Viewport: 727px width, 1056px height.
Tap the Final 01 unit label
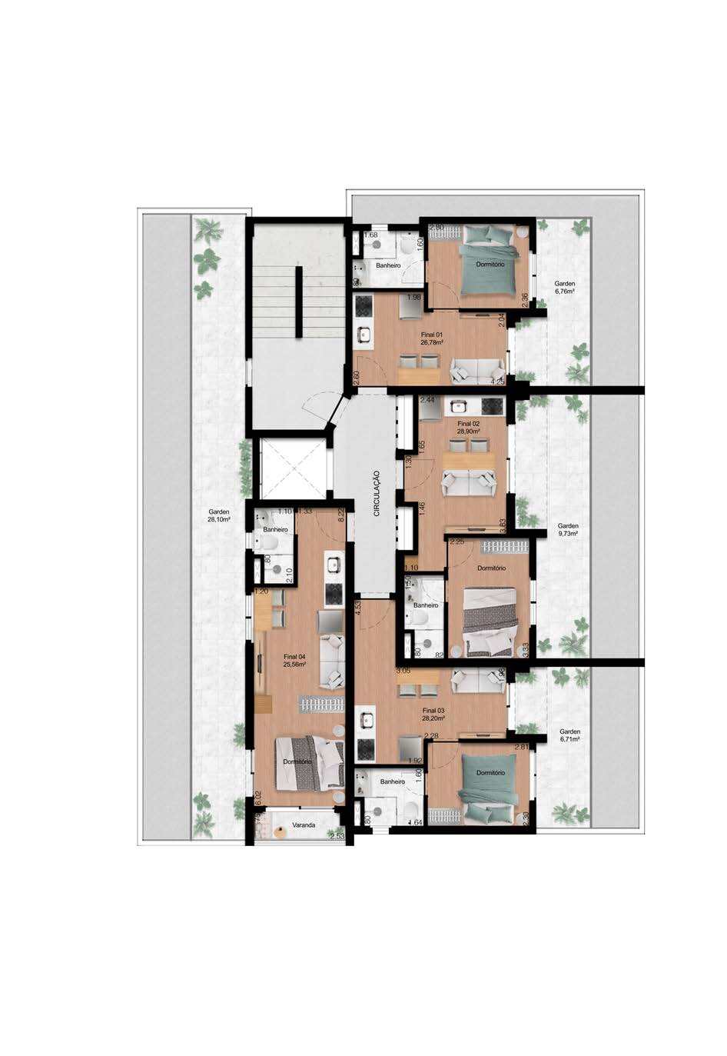(432, 339)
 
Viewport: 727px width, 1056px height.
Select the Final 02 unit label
(469, 428)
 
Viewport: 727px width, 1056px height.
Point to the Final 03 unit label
(433, 715)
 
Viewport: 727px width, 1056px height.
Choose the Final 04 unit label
(294, 660)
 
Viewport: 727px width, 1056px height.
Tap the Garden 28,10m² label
(219, 515)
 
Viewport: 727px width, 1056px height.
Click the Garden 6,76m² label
(565, 288)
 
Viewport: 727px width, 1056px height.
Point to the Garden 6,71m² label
(569, 735)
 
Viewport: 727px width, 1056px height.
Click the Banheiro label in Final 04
(275, 530)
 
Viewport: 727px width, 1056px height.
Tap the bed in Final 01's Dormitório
(488, 258)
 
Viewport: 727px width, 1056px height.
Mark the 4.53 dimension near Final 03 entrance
(358, 610)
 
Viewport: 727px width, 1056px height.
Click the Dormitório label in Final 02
(491, 568)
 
